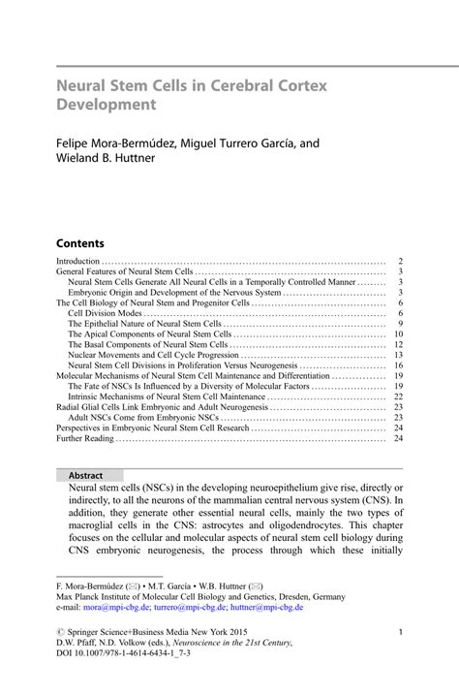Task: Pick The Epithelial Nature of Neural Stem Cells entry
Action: pos(145,324)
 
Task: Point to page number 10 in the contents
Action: pos(397,334)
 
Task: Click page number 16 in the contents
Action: pos(397,365)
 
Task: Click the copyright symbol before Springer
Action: pos(60,632)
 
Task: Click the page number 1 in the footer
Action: pos(400,632)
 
